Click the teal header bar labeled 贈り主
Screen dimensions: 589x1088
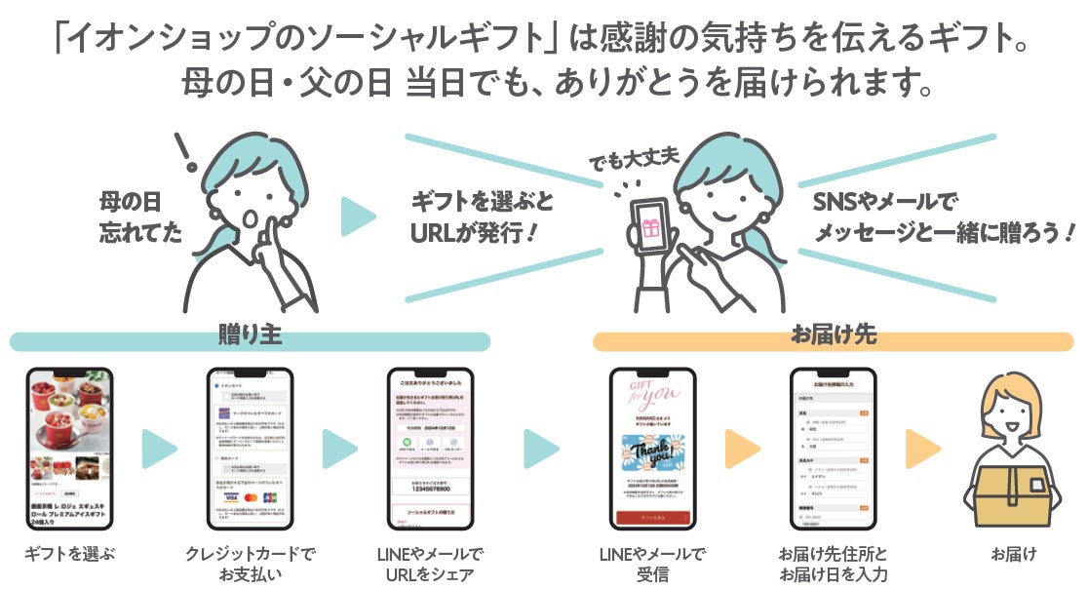[250, 339]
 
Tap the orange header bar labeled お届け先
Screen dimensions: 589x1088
[833, 339]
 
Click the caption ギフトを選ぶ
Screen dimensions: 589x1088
[69, 554]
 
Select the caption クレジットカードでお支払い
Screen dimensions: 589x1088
[251, 563]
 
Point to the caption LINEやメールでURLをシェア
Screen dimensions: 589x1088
[430, 563]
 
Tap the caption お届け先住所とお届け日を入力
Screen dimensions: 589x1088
[833, 563]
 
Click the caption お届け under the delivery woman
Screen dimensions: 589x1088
[1014, 554]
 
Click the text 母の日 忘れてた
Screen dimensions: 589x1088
[137, 217]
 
